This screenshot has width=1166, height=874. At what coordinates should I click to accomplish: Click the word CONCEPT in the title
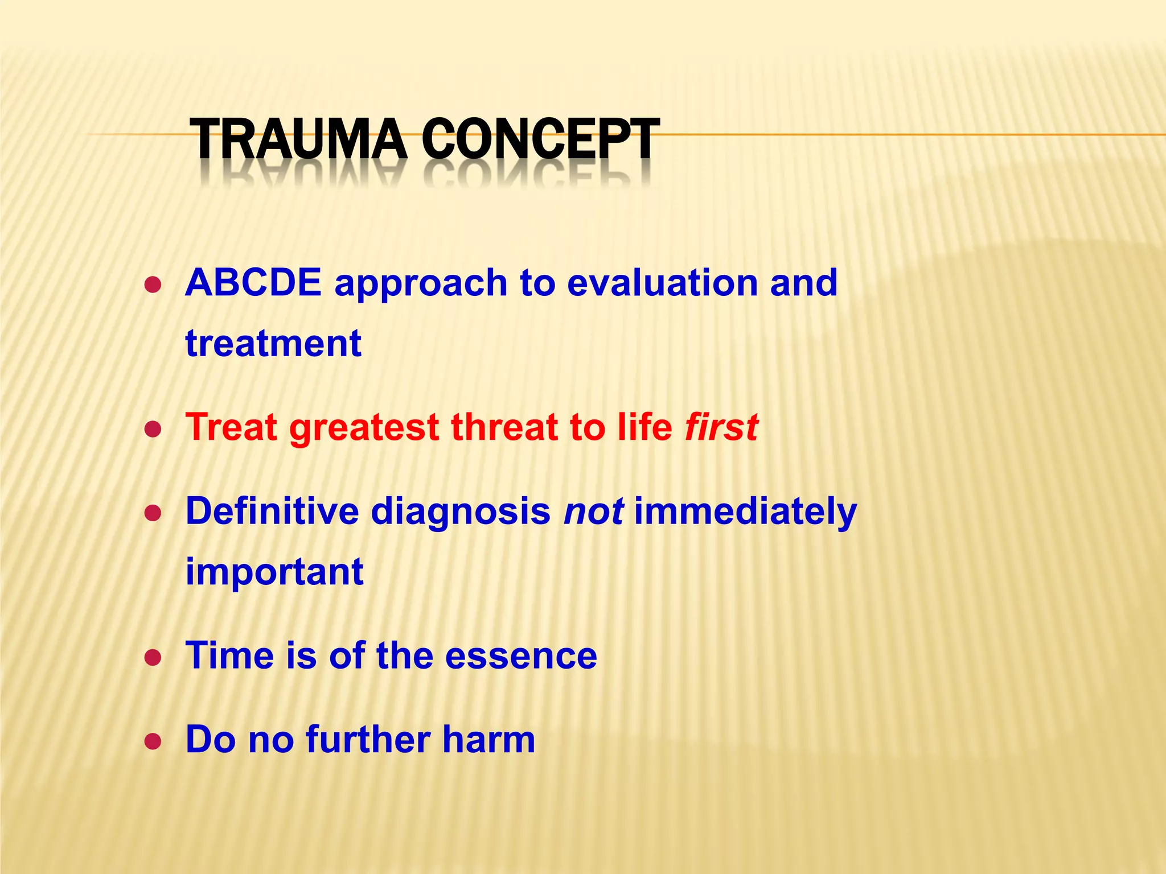[x=540, y=139]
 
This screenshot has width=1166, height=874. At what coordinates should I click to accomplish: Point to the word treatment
[x=273, y=343]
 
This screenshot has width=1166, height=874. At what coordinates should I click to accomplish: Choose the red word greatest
[x=364, y=428]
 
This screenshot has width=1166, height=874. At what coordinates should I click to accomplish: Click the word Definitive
[x=272, y=510]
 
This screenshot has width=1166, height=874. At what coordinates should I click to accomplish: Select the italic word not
[x=593, y=511]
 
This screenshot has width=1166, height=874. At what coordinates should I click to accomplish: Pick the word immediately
[x=745, y=512]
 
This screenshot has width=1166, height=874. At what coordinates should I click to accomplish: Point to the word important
[x=274, y=572]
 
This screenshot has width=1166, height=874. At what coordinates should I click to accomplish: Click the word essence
[x=521, y=655]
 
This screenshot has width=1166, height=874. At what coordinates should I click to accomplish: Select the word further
[x=368, y=739]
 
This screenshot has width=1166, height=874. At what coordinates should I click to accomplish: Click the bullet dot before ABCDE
[x=153, y=285]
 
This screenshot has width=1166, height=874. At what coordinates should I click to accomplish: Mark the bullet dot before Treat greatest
[x=153, y=430]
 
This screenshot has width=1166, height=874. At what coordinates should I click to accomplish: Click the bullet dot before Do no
[x=153, y=742]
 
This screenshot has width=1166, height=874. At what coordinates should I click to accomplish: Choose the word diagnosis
[x=461, y=512]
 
